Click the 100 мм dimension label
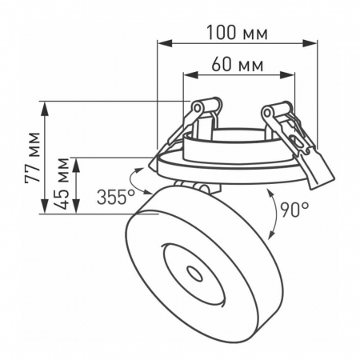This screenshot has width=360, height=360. coord(236,33)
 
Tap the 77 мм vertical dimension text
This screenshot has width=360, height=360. coord(33,158)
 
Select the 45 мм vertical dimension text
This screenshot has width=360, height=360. coord(62,185)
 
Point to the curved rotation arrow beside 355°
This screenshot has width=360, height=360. coord(138,182)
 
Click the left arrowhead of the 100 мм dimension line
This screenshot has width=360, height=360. coord(161,45)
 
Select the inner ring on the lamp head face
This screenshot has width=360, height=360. coord(192,272)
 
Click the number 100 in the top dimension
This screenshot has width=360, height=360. coord(222,33)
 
